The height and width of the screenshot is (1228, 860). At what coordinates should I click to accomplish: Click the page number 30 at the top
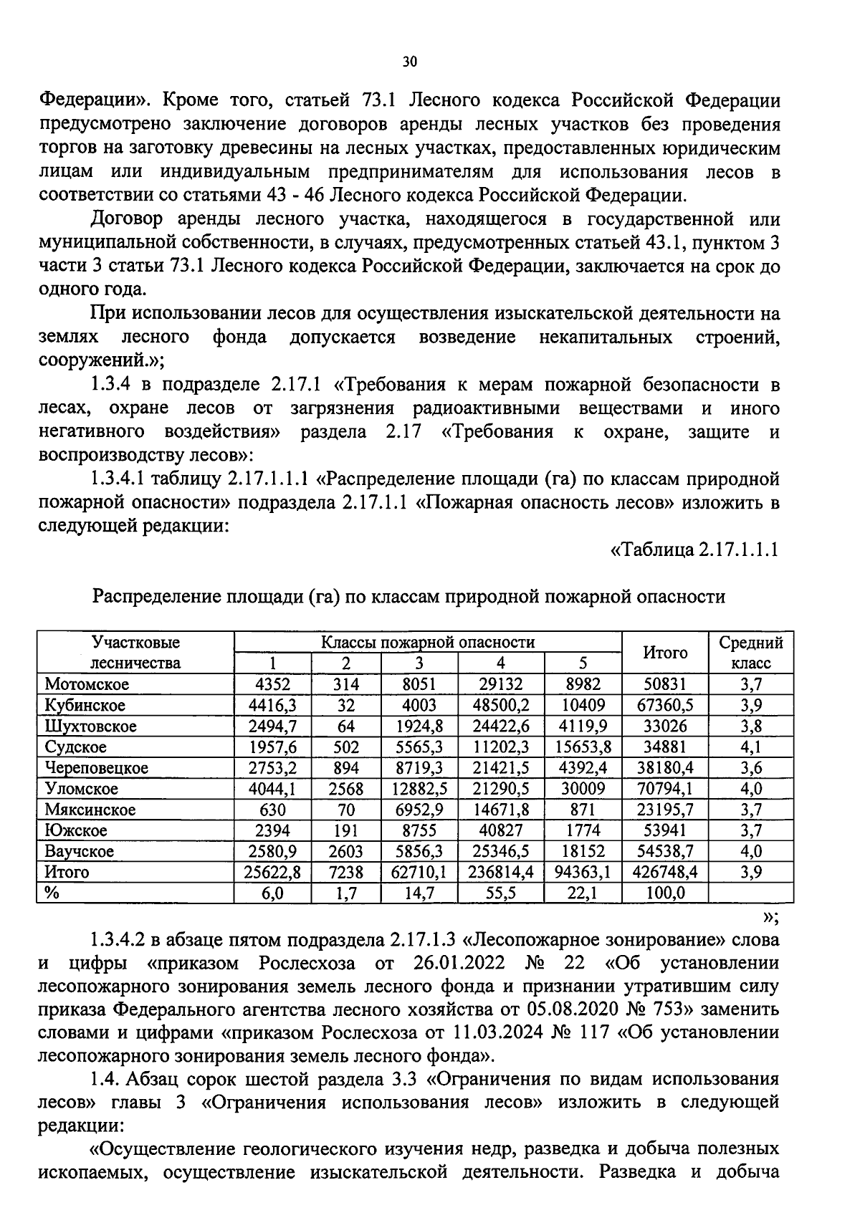[x=409, y=62]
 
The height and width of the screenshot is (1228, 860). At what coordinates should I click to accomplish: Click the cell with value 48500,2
[x=501, y=705]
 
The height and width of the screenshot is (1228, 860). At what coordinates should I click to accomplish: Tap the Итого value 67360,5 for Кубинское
[x=665, y=705]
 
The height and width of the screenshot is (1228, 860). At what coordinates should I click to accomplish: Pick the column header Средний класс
[x=750, y=653]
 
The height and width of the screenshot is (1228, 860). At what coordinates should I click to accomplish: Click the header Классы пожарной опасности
[x=428, y=642]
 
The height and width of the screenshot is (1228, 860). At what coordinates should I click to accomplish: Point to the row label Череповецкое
[x=96, y=768]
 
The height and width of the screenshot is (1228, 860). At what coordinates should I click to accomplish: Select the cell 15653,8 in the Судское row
[x=583, y=747]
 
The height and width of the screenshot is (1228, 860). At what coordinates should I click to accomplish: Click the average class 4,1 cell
[x=750, y=747]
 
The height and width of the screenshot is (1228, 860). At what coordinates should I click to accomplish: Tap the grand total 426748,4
[x=665, y=872]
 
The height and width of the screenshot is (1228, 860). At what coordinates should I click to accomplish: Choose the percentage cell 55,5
[x=501, y=893]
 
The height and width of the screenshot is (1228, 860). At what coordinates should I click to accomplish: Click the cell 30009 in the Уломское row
[x=583, y=789]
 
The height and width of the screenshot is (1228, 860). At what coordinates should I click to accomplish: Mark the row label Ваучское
[x=79, y=851]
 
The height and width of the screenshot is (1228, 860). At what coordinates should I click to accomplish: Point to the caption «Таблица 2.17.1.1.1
[x=694, y=550]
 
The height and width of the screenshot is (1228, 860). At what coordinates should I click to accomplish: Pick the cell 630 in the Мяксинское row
[x=272, y=810]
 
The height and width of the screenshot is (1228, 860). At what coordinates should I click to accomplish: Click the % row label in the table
[x=51, y=893]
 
